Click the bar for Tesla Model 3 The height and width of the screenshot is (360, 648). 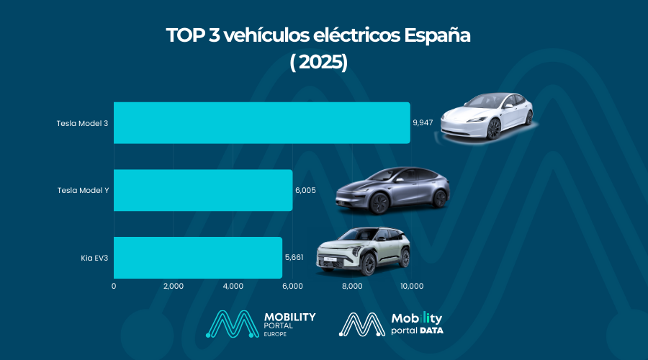[261, 122]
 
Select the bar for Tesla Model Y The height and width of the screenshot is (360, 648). [203, 190]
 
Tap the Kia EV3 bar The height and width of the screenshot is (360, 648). [198, 257]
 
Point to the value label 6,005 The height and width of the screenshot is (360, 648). [305, 191]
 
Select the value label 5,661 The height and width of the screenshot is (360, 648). [294, 258]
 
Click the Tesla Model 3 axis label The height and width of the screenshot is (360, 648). [82, 123]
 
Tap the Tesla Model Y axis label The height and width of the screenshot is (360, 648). [82, 191]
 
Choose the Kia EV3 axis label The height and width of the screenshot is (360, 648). [94, 258]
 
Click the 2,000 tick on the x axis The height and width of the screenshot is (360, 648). [174, 286]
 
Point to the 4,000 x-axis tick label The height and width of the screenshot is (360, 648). [233, 286]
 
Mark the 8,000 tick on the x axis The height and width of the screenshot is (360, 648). [352, 286]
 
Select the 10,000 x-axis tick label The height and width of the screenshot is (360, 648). [411, 286]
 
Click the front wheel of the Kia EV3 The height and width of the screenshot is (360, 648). [369, 265]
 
